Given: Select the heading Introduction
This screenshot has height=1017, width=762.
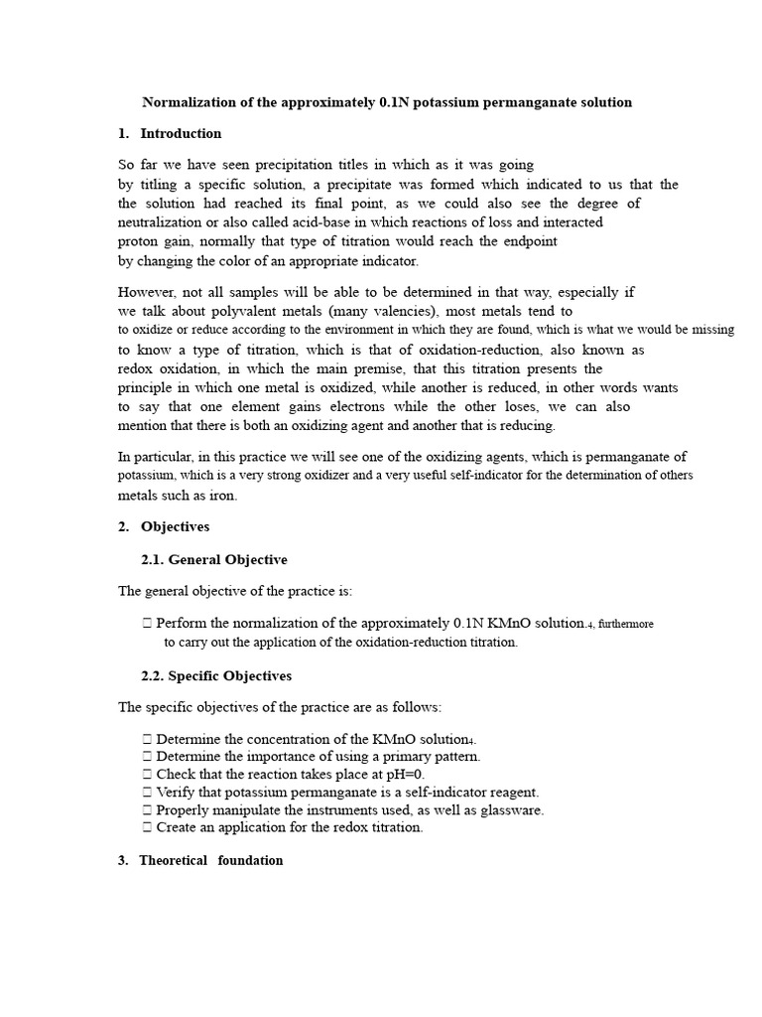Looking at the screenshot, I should [181, 133].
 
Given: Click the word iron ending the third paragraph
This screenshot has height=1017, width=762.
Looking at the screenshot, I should [222, 495].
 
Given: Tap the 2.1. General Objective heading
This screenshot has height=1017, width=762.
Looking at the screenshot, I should [214, 560].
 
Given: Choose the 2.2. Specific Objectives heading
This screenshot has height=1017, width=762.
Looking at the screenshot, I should [216, 675].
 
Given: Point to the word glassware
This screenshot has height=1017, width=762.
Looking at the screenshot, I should [506, 809].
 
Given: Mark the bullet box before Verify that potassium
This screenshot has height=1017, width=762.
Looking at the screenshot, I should [147, 792].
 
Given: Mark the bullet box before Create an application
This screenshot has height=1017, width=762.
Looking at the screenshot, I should [147, 827].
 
